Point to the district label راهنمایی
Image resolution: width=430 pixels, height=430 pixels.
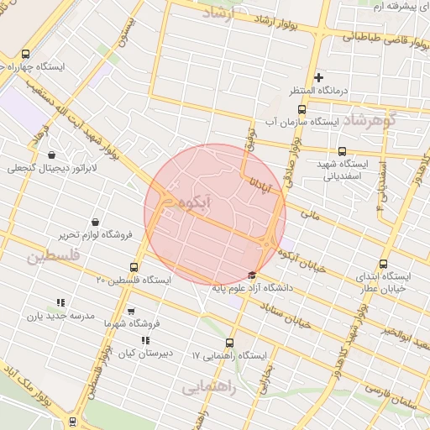(x=209, y=387)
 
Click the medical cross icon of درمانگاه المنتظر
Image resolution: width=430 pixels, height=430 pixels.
(x=318, y=77)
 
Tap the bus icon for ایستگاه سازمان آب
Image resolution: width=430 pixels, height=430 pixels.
(x=302, y=109)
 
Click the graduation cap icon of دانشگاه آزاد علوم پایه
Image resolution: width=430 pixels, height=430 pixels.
(x=253, y=275)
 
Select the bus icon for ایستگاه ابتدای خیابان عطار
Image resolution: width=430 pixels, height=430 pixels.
(x=384, y=263)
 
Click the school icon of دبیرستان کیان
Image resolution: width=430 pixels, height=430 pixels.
(x=145, y=341)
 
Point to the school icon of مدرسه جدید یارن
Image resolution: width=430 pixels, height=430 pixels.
(x=60, y=302)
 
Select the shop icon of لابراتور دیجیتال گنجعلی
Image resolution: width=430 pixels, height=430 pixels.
(x=52, y=155)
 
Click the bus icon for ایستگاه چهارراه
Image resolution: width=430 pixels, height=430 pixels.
(x=25, y=52)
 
